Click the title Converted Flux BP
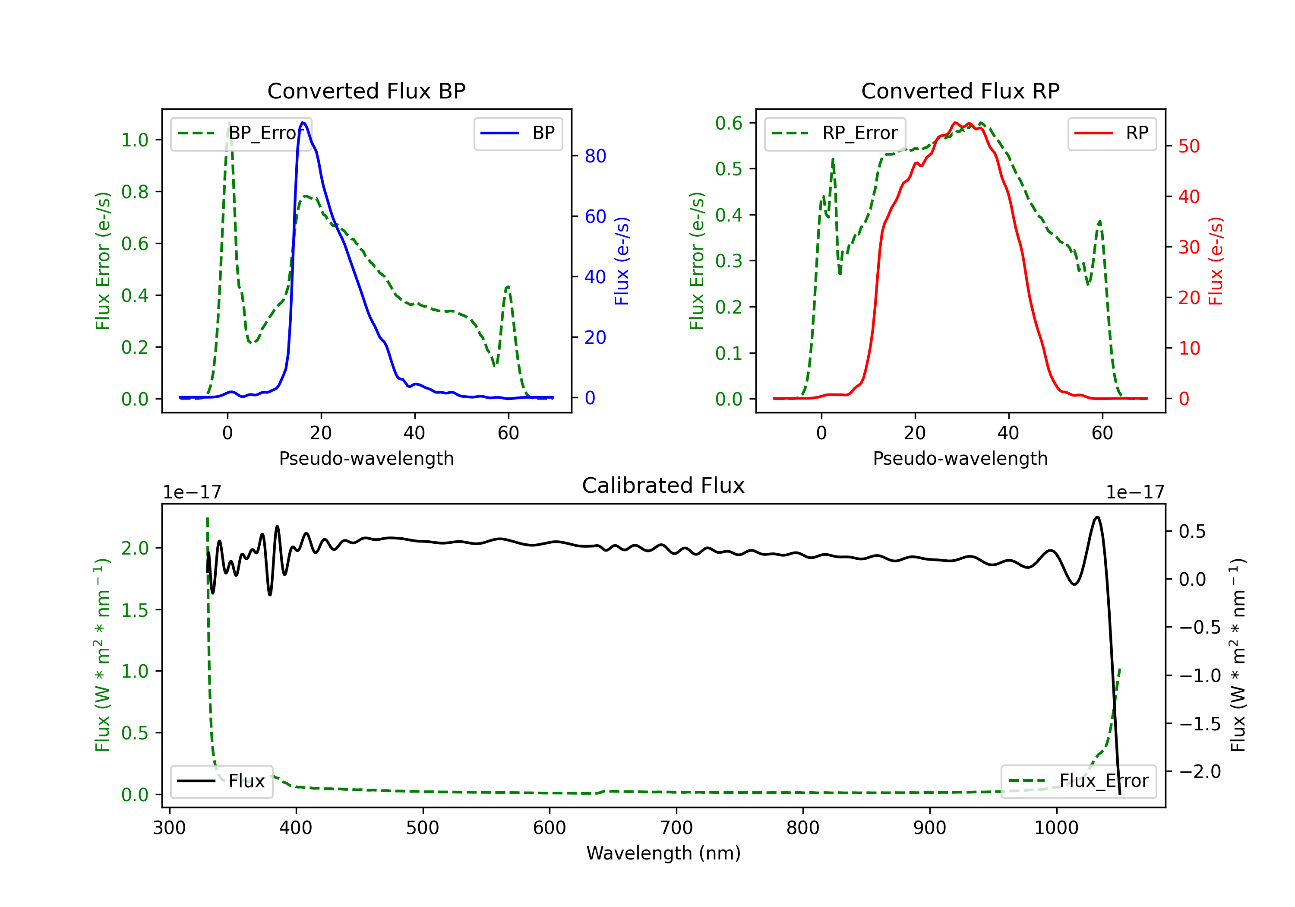click(x=366, y=91)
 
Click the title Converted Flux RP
click(x=960, y=91)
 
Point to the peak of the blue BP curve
click(x=303, y=123)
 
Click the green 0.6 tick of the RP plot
click(x=728, y=124)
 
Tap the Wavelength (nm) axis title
click(x=663, y=853)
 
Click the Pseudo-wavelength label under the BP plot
click(x=366, y=458)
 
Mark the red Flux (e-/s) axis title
click(x=1216, y=261)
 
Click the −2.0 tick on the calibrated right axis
click(x=1199, y=771)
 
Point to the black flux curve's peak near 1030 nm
click(x=1096, y=517)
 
